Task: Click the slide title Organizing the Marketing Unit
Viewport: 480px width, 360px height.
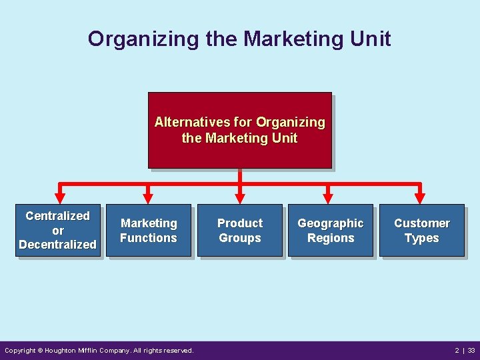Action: tap(239, 39)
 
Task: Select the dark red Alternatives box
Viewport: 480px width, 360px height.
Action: tap(239, 130)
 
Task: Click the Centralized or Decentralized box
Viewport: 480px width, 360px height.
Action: tap(58, 230)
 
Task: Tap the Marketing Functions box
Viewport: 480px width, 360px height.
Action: tap(149, 230)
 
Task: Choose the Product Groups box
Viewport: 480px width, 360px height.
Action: tap(240, 230)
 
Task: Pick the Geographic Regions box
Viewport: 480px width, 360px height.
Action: tap(331, 230)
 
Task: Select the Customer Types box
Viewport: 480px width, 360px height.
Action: tap(421, 230)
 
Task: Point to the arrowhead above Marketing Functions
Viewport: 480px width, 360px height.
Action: tap(149, 197)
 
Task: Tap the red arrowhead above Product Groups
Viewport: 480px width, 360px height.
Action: tap(239, 197)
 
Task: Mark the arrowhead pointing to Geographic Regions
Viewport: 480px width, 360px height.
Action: tap(328, 197)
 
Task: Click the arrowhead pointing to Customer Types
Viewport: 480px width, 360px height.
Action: tap(419, 197)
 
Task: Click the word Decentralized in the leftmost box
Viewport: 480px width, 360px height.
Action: tap(58, 245)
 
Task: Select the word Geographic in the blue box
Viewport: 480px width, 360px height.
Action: tap(331, 223)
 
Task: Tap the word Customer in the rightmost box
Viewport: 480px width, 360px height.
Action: tap(421, 223)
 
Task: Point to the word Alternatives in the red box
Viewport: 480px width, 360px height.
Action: tap(193, 123)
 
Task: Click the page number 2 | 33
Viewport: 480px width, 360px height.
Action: tap(465, 350)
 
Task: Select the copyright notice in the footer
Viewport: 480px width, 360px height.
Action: tap(99, 350)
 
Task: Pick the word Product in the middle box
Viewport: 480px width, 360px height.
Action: tap(240, 223)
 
